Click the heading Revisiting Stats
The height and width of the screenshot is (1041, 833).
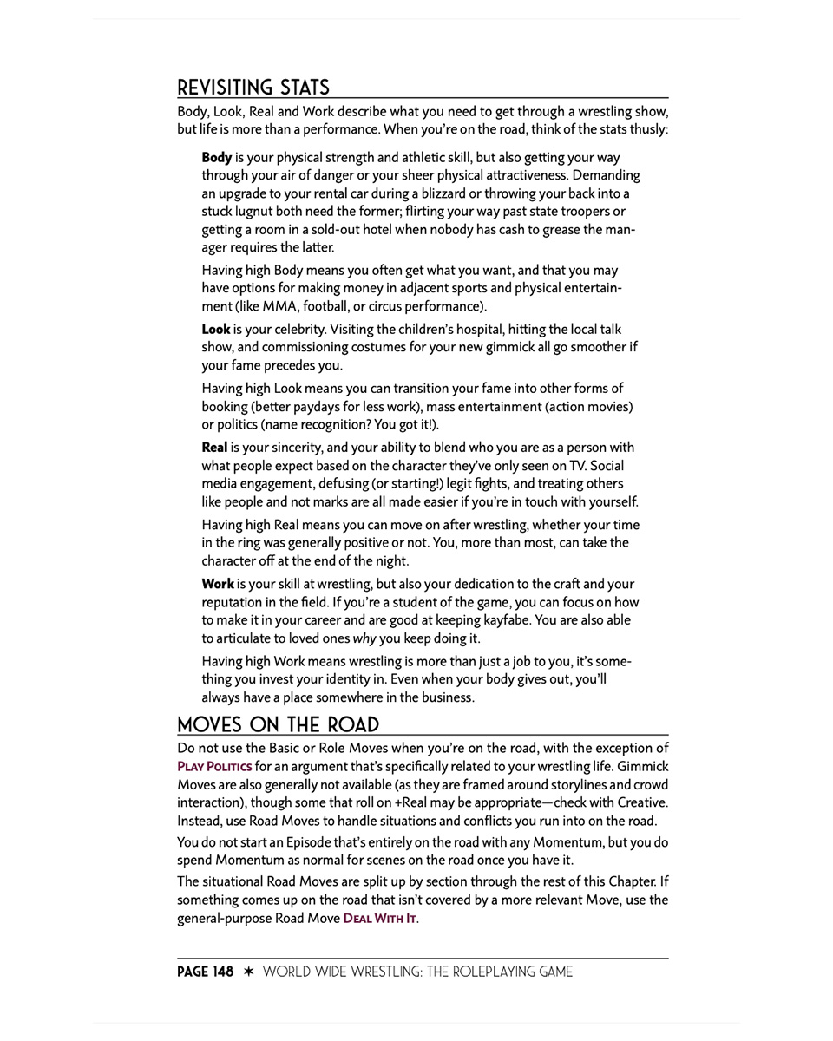click(x=253, y=88)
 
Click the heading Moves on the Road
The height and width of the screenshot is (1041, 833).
click(x=278, y=725)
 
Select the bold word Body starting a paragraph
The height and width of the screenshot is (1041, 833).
click(x=216, y=158)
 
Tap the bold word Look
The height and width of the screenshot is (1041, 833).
click(x=215, y=330)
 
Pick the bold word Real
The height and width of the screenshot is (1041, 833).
click(x=214, y=448)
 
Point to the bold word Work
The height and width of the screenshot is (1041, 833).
click(x=217, y=584)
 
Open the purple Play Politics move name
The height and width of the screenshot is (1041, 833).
click(x=214, y=767)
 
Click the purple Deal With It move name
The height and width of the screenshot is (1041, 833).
click(x=379, y=919)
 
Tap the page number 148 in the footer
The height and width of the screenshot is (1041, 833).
click(x=223, y=972)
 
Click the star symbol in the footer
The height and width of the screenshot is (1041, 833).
click(x=248, y=972)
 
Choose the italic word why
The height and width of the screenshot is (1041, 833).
click(x=364, y=638)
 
